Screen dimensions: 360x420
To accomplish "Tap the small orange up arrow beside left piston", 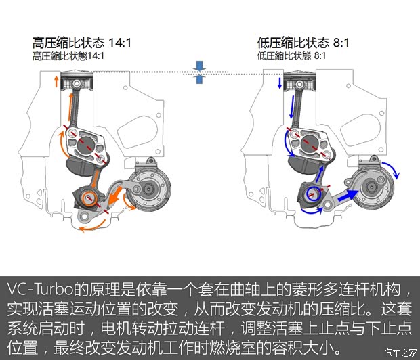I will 55,83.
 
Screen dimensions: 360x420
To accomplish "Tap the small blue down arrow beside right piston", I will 278,83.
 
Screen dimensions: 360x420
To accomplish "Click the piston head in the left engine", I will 76,83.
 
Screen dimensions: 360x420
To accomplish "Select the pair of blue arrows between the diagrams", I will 198,72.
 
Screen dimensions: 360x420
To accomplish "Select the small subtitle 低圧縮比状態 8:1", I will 291,55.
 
